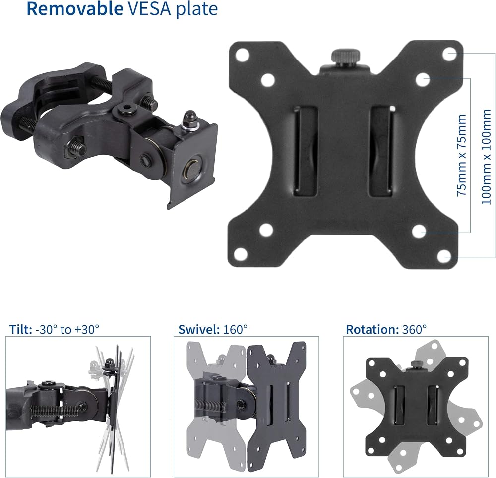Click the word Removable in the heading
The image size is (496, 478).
(75, 8)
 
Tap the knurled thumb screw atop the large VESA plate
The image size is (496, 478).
(345, 57)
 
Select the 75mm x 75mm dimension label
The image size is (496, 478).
(461, 155)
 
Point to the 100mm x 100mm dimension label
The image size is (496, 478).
(486, 157)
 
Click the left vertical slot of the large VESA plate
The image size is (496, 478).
(306, 151)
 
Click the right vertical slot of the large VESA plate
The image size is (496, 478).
(381, 151)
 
